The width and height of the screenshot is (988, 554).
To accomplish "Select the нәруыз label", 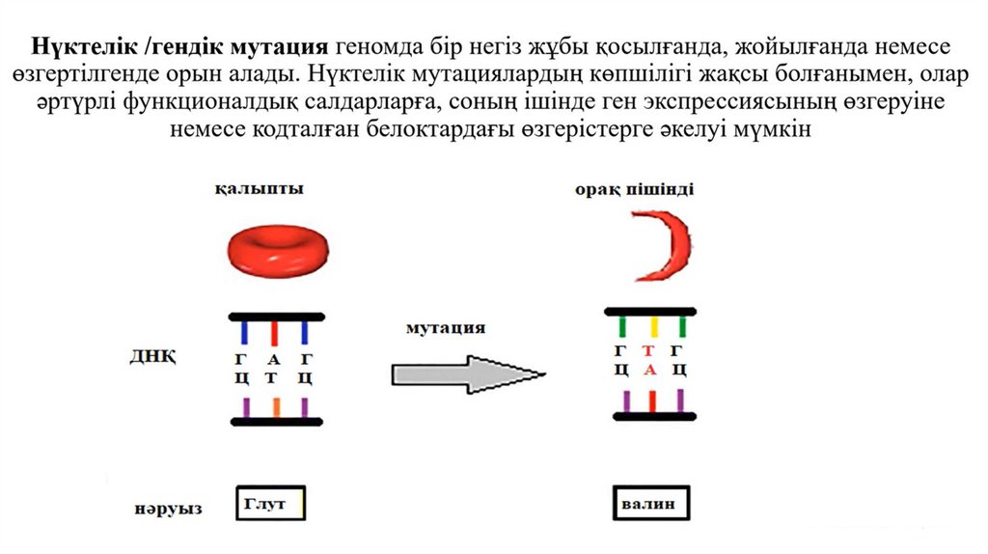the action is [x=167, y=507].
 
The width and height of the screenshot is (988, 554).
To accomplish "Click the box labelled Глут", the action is [x=270, y=502].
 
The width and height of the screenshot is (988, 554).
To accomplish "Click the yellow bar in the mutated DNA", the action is [x=653, y=325].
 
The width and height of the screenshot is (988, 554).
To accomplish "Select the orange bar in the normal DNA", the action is [x=276, y=406].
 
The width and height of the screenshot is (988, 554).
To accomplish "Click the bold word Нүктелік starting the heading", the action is [x=80, y=46].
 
